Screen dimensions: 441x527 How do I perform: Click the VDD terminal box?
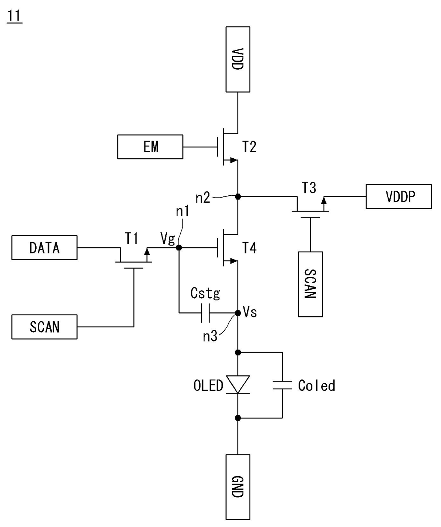[238, 59]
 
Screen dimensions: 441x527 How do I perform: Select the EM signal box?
[150, 147]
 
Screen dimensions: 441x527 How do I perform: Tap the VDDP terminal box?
[399, 196]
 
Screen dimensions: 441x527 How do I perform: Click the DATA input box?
[44, 247]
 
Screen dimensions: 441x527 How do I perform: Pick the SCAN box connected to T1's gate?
[44, 327]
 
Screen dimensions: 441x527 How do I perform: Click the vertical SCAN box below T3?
[310, 284]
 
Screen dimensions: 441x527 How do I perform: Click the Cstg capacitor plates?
[205, 313]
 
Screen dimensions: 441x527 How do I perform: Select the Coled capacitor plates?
[282, 385]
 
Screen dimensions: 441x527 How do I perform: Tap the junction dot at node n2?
[238, 196]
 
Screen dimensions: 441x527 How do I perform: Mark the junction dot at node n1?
[179, 248]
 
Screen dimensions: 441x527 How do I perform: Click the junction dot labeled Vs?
[238, 313]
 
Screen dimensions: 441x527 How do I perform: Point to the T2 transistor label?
[249, 147]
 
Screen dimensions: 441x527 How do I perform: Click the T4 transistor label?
[249, 248]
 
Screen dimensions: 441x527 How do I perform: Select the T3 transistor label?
[309, 188]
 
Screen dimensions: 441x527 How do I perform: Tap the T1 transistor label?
[132, 238]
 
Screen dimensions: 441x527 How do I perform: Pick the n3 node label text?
[210, 336]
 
